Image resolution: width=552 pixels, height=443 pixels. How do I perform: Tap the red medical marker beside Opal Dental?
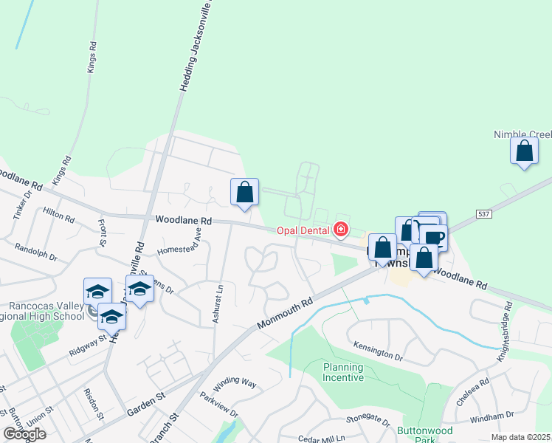340,230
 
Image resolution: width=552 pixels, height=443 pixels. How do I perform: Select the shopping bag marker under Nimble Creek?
524,151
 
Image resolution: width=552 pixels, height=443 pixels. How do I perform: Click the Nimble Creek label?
522,134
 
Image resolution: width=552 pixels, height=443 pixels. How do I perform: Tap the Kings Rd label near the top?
92,55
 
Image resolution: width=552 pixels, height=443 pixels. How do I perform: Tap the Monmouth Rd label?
286,313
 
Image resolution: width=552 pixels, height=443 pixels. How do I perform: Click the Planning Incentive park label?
343,372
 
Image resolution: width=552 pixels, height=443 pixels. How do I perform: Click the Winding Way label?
234,384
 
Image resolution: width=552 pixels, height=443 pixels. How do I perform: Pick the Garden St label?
145,405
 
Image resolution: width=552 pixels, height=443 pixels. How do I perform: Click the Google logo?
25,434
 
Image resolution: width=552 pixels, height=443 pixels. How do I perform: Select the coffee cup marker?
435,238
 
